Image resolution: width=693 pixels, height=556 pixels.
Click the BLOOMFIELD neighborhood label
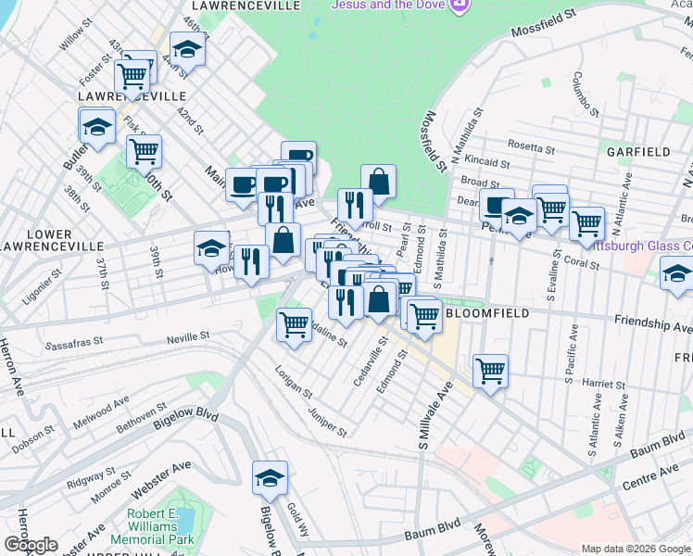pyautogui.click(x=488, y=313)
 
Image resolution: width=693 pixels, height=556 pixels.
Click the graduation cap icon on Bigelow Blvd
pyautogui.click(x=270, y=478)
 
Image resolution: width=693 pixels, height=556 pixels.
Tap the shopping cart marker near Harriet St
pyautogui.click(x=490, y=371)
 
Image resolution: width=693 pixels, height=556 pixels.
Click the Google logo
pyautogui.click(x=31, y=545)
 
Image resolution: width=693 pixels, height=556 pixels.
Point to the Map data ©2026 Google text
pyautogui.click(x=635, y=549)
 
